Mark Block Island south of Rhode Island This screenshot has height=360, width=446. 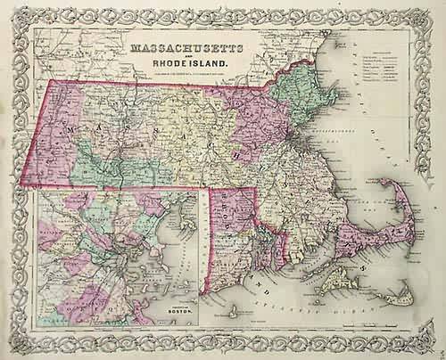(x=234, y=311)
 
